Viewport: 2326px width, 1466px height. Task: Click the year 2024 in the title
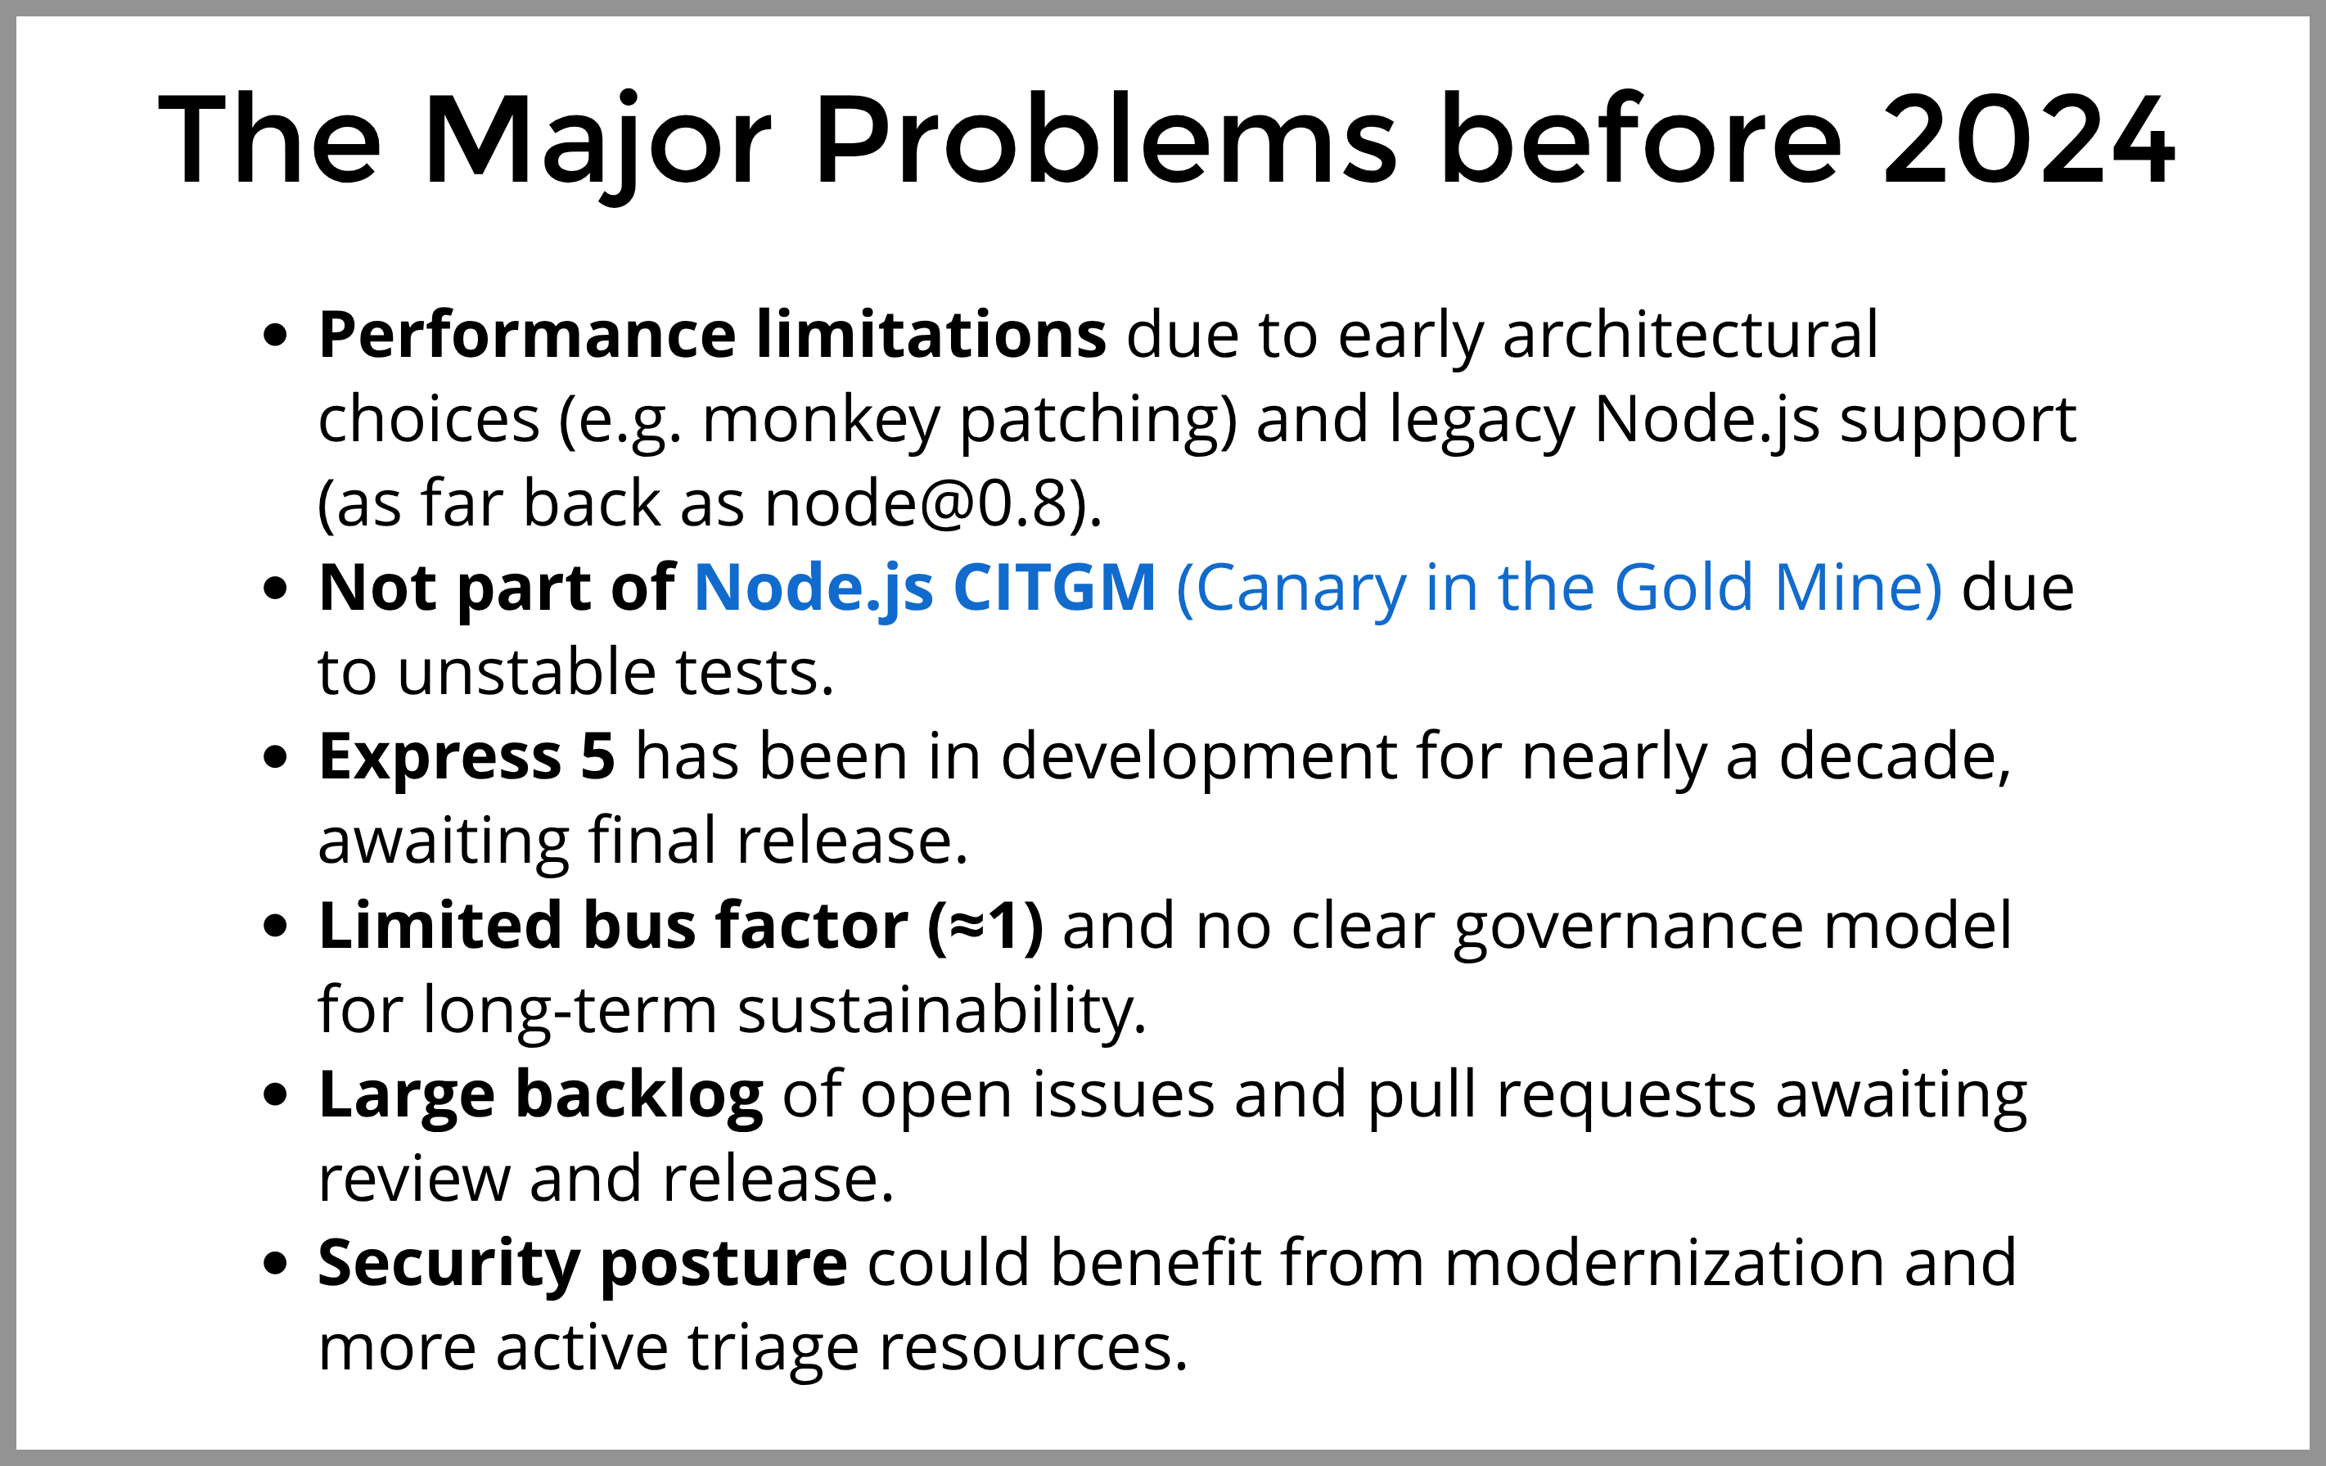tap(2028, 140)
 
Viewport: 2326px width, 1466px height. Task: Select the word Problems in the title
tap(1106, 140)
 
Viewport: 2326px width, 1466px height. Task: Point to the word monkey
tap(820, 421)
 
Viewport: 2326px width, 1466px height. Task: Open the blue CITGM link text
tap(1054, 588)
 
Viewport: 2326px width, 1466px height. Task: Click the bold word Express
tap(440, 756)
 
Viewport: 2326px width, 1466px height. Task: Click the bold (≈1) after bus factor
tap(985, 926)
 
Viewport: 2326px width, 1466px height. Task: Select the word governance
tap(1628, 926)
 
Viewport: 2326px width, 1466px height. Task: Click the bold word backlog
tap(639, 1095)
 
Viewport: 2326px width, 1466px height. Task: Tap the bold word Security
tap(449, 1263)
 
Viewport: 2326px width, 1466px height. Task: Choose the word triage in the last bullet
tap(773, 1348)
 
